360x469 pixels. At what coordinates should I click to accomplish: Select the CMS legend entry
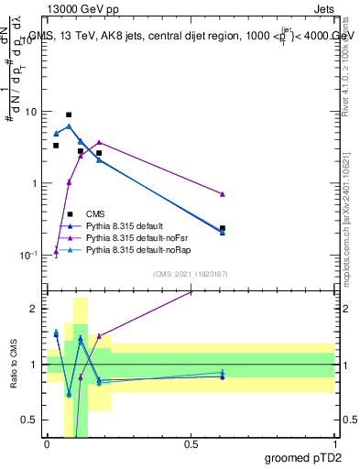(x=96, y=213)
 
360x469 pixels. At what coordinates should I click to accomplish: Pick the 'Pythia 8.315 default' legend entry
(x=124, y=225)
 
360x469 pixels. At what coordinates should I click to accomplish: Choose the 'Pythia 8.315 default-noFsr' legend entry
(x=134, y=237)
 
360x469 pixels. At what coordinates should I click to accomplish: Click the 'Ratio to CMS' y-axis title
(x=15, y=365)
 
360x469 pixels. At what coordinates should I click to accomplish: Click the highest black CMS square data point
(x=69, y=115)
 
